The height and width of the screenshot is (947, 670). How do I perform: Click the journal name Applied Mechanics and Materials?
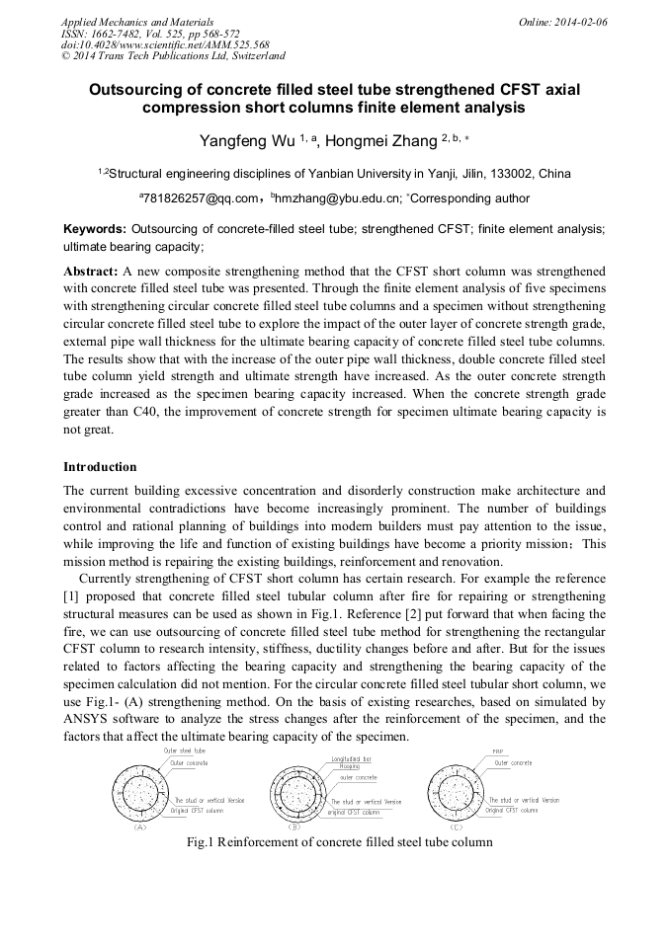[x=136, y=21]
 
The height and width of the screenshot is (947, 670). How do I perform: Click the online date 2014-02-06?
[x=578, y=21]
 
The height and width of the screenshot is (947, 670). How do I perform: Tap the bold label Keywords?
[x=94, y=228]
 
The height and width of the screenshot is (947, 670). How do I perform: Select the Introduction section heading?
[x=100, y=466]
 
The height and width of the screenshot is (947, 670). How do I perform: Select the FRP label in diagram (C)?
[x=498, y=751]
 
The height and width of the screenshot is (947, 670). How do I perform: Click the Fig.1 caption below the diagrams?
[x=339, y=842]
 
